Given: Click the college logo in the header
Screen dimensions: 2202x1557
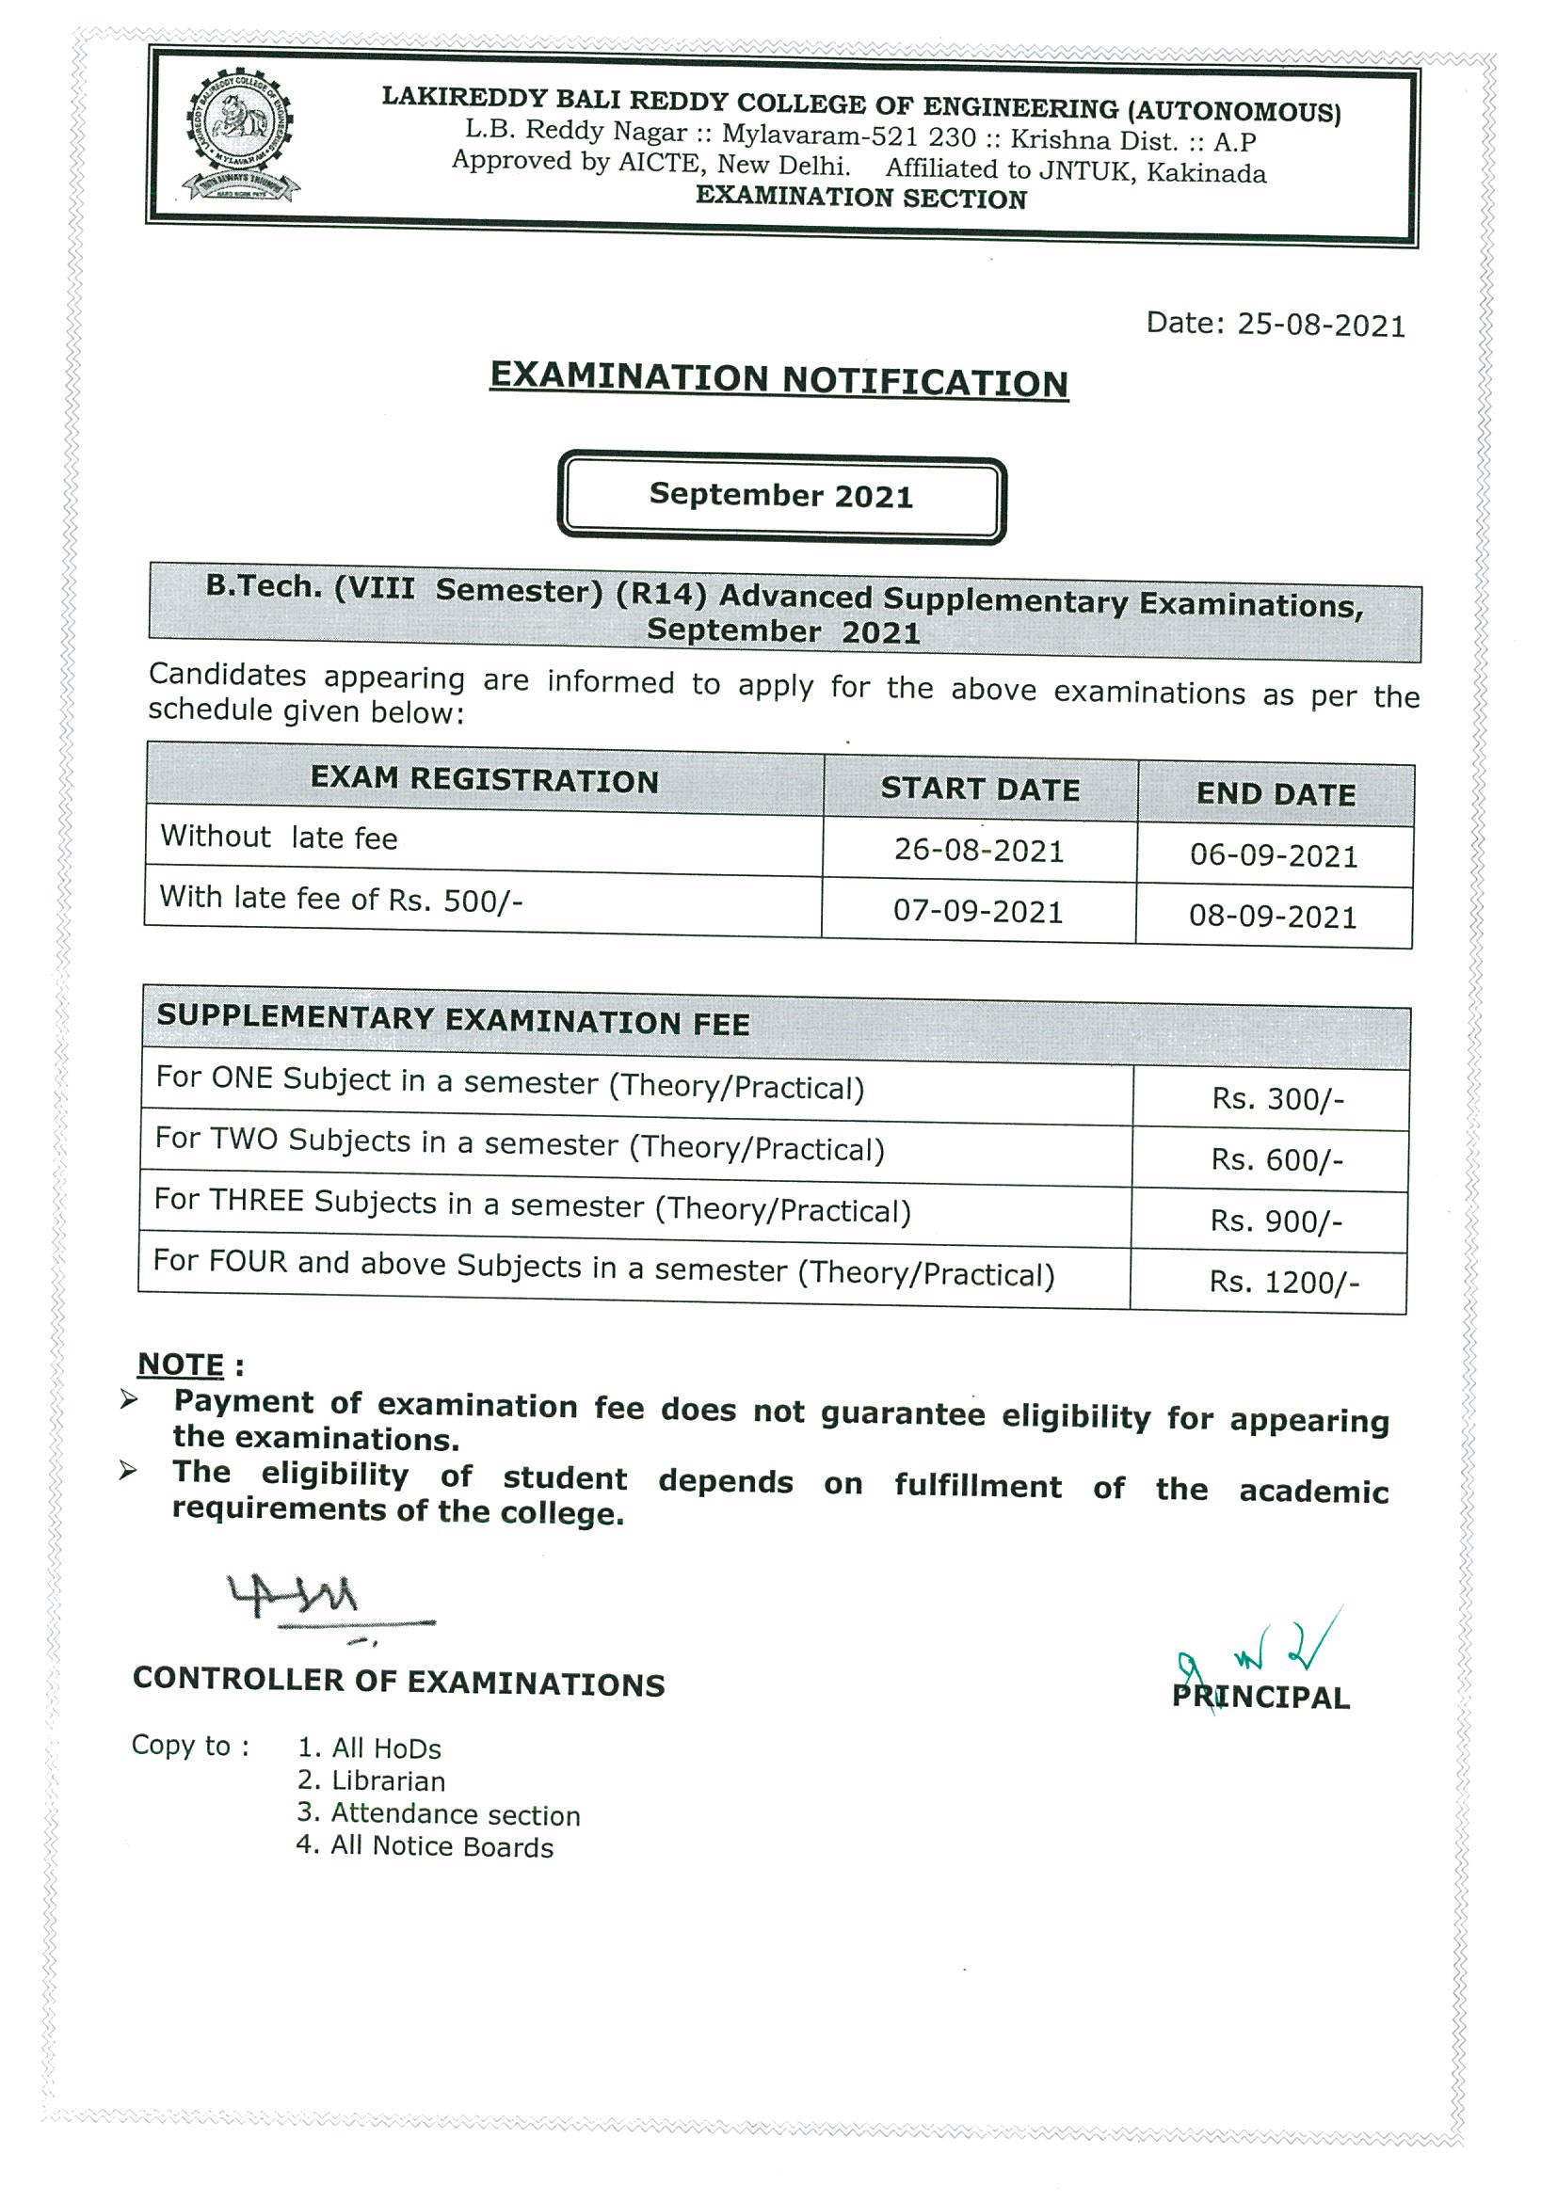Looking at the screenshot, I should (240, 136).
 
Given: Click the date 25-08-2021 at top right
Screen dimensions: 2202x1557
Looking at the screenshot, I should (1275, 325).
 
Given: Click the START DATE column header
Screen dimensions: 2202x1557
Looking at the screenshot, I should (980, 790).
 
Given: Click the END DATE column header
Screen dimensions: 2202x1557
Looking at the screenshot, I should (1275, 795).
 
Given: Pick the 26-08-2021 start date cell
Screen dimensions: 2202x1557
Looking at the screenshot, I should (978, 851).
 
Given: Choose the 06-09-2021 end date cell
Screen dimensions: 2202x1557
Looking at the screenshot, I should (1273, 855).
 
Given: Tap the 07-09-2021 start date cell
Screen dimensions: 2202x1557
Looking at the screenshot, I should (977, 911).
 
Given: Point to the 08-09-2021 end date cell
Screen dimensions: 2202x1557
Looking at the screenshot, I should (1272, 917).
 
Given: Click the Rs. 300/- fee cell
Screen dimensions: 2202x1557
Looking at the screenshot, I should (1276, 1099).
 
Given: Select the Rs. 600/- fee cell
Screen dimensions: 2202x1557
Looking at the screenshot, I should (1276, 1160).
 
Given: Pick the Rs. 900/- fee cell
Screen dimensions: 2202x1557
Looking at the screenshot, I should (1275, 1221).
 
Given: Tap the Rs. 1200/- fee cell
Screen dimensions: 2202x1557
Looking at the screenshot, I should (1283, 1284).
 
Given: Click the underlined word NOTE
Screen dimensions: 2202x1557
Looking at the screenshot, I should (181, 1364).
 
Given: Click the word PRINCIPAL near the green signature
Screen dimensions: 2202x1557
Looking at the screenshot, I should (1260, 1698).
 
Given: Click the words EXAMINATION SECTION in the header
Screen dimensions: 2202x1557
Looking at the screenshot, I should (860, 198).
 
